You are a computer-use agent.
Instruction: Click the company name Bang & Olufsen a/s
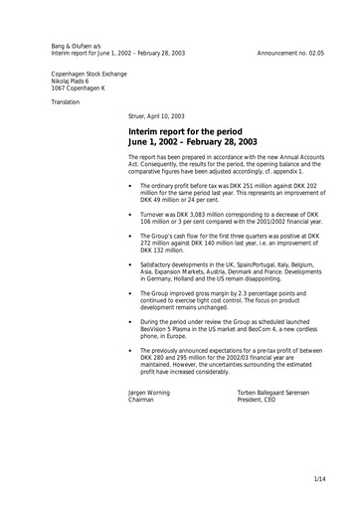point(78,46)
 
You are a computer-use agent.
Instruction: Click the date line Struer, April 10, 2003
point(164,116)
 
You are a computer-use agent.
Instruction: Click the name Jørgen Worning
point(149,394)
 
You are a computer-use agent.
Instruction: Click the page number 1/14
point(318,481)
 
